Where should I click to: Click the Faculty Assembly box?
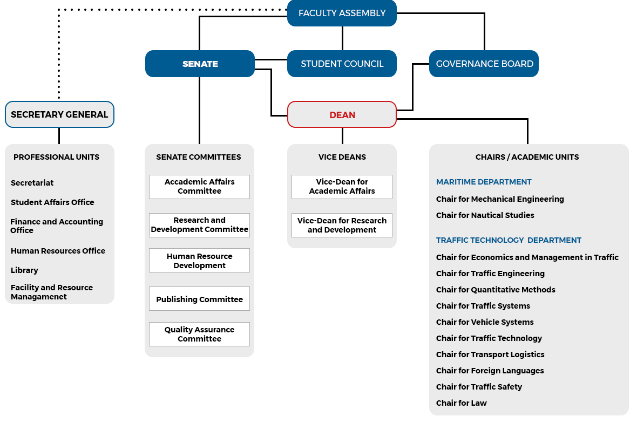[x=342, y=13]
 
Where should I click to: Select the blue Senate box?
[x=200, y=64]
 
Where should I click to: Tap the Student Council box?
[x=342, y=64]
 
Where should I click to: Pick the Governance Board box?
[x=484, y=64]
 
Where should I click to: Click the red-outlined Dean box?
[x=342, y=115]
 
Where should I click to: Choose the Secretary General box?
[x=59, y=114]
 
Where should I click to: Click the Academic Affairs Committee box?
[x=199, y=187]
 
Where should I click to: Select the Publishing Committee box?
[x=199, y=299]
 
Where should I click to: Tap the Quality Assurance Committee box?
[x=199, y=334]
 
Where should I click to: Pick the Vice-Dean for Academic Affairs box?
[x=342, y=187]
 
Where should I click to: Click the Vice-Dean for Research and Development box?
[x=342, y=225]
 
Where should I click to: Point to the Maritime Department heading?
[x=484, y=182]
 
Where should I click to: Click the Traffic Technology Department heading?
[x=509, y=240]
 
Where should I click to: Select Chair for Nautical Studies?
[x=485, y=215]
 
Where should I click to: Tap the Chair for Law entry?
[x=461, y=403]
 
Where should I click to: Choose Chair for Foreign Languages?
[x=490, y=371]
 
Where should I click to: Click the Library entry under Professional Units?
[x=24, y=270]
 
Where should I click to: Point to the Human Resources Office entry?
[x=58, y=251]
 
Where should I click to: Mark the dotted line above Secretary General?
[x=59, y=54]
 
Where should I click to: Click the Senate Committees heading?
[x=199, y=157]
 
